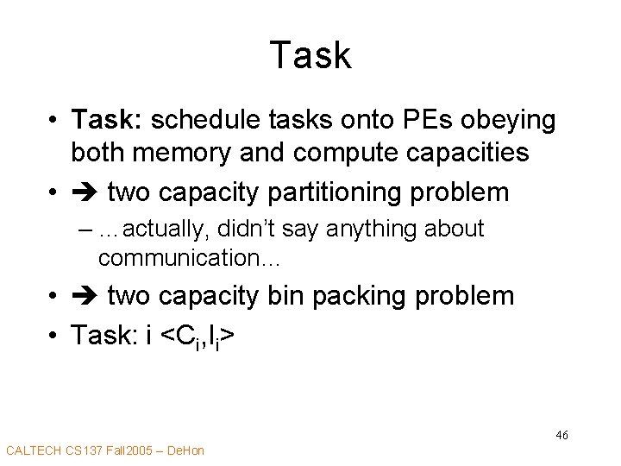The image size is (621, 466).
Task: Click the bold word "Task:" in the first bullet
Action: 100,120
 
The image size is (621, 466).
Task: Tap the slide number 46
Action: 561,435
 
